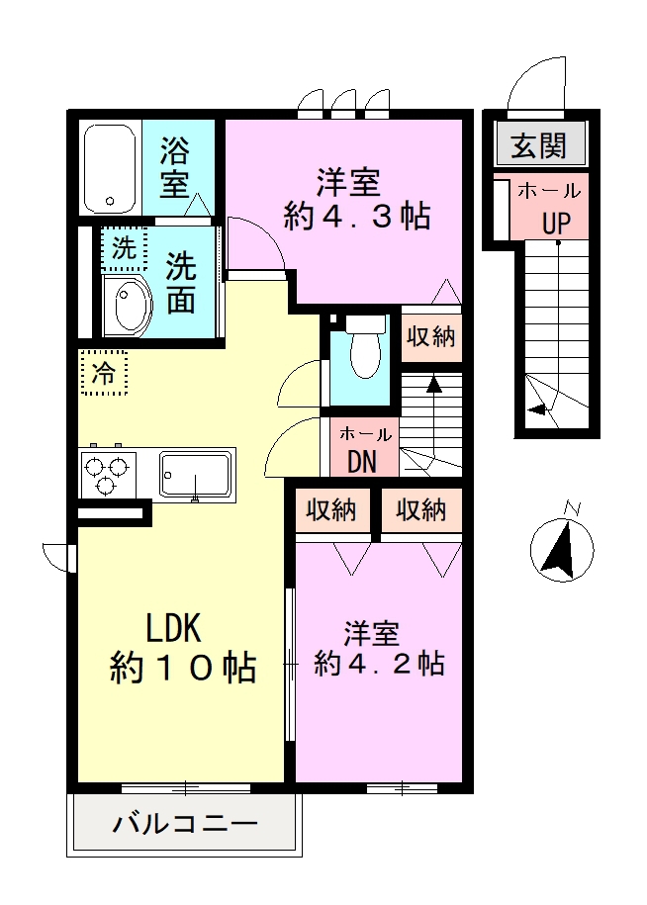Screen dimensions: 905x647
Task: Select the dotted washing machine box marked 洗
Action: (124, 249)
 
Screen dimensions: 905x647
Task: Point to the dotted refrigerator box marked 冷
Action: (104, 374)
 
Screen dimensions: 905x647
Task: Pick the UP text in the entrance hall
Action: (555, 223)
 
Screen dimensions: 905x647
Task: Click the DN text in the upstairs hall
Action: (361, 461)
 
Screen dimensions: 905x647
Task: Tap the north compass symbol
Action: (561, 548)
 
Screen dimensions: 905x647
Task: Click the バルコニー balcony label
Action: (184, 824)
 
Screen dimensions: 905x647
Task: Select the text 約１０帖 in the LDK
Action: (183, 669)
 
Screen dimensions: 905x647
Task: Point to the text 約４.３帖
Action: (356, 215)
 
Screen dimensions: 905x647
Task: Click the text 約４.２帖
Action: (379, 663)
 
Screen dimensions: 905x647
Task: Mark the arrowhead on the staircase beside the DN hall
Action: (433, 383)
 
